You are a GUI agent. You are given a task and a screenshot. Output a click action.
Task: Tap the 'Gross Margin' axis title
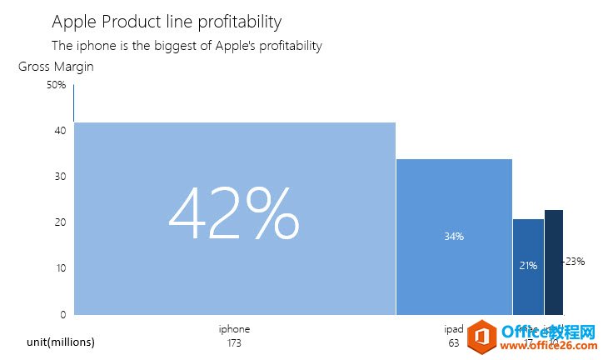coord(56,67)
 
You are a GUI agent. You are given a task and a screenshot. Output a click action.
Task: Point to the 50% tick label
coord(57,85)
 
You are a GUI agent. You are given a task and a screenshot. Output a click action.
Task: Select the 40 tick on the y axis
coord(60,131)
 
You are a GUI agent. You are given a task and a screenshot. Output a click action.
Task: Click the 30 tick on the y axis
coord(60,177)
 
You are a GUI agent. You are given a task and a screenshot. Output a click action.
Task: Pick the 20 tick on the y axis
coord(60,222)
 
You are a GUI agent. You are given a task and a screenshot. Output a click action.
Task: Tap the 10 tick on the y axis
coord(60,268)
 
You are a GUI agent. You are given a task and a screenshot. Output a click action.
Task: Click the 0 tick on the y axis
coord(62,314)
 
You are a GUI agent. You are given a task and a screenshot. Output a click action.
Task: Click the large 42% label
coord(233,214)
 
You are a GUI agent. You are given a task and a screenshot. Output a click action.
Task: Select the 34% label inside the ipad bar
coord(454,237)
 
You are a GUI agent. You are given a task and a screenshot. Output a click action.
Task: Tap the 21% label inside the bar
coord(528,266)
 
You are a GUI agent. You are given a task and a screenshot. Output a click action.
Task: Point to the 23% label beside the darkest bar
coord(575,262)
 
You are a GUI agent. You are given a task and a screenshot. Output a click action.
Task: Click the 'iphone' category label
coord(234,329)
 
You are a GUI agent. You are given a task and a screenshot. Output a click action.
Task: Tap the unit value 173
coord(234,342)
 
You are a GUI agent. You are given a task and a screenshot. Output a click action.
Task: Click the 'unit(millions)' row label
coord(61,342)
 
